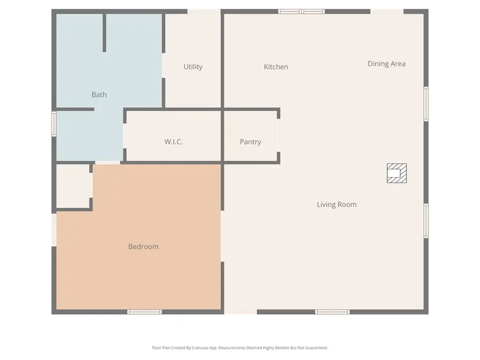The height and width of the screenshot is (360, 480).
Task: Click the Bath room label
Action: [99, 95]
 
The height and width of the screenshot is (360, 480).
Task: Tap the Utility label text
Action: [193, 67]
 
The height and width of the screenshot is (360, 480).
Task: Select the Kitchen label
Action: [276, 67]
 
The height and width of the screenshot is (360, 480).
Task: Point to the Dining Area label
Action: [386, 63]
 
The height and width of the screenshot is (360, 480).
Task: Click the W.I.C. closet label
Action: [174, 142]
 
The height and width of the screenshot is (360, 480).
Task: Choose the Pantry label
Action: [250, 142]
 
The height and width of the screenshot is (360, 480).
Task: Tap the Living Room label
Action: [337, 204]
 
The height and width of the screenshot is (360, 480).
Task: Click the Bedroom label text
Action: [143, 246]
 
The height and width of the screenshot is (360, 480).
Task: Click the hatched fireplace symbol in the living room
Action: [397, 173]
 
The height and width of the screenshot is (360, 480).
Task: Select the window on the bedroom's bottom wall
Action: [145, 311]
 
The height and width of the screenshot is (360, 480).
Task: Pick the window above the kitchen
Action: [302, 11]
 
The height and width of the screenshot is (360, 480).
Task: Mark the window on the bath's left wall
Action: [54, 123]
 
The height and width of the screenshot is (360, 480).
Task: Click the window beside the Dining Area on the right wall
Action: [426, 104]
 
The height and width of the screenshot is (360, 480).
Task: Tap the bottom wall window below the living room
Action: [332, 311]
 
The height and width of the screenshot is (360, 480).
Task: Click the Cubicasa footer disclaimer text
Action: [240, 348]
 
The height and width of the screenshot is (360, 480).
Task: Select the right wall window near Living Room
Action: [426, 220]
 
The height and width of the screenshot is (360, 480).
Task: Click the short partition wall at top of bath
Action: [104, 32]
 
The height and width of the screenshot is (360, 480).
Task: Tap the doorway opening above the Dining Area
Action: [387, 11]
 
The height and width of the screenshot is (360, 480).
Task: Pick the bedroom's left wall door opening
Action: [54, 230]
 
